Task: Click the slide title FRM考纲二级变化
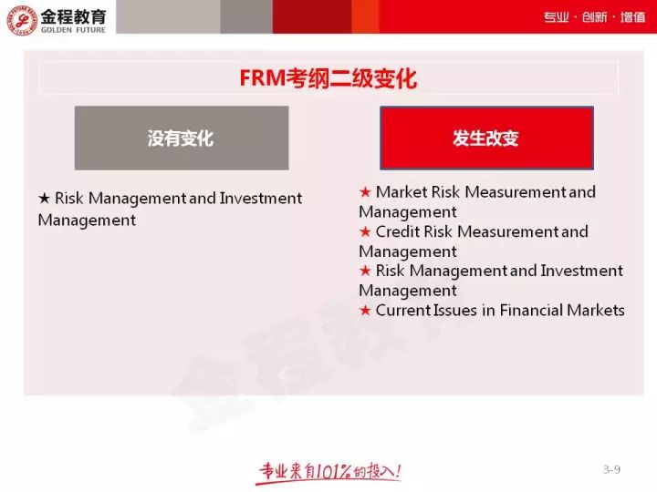point(328,78)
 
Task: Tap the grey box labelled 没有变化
point(182,138)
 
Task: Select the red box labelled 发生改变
point(486,138)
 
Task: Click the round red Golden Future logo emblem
point(22,19)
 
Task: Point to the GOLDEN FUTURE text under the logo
point(73,30)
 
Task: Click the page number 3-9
point(611,469)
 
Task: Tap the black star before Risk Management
point(44,198)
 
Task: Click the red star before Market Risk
point(365,192)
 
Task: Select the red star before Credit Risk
point(365,231)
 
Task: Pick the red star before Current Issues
point(365,310)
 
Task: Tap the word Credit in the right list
point(398,231)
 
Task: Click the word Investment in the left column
point(261,198)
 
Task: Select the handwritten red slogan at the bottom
point(328,473)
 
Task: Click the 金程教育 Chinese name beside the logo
point(73,16)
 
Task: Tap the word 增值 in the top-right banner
point(632,17)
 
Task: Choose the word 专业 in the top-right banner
point(556,17)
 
